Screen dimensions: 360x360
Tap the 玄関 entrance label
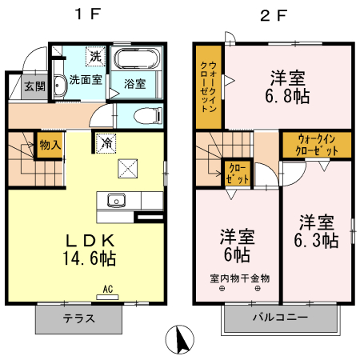click(x=34, y=86)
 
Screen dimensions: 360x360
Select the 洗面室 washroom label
click(x=84, y=80)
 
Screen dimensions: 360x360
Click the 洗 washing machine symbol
click(x=96, y=57)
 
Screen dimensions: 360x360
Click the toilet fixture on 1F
click(x=146, y=114)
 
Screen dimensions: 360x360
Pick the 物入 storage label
click(x=50, y=146)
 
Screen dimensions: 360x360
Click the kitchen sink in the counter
click(x=114, y=200)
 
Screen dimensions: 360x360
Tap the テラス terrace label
click(x=79, y=318)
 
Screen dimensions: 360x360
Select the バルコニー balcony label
click(x=280, y=318)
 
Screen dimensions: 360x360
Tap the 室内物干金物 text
click(x=239, y=278)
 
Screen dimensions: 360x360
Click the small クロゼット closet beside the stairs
click(x=238, y=173)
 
